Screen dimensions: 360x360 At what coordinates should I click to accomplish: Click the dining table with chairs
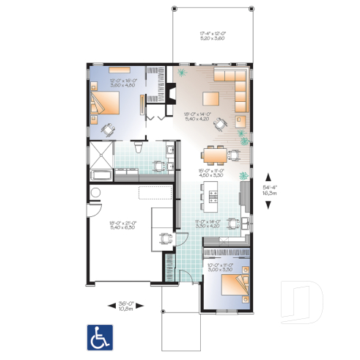click(216, 153)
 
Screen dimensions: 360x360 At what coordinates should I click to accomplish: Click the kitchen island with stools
click(212, 194)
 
